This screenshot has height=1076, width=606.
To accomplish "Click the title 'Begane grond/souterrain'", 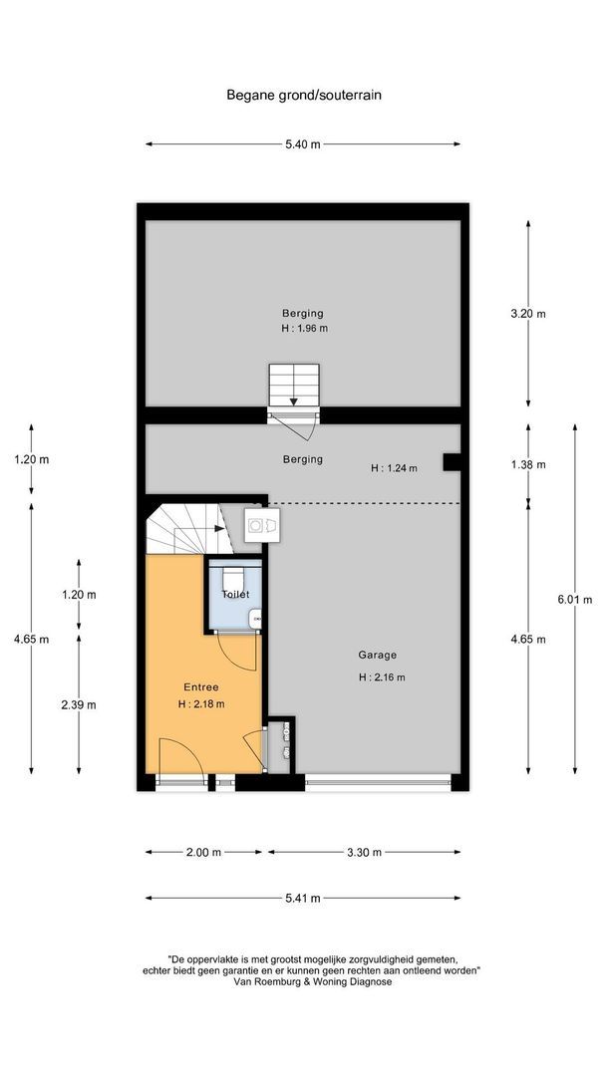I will pos(304,96).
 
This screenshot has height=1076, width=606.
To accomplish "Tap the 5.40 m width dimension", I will pos(303,144).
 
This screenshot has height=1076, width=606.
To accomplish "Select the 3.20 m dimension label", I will pos(527,313).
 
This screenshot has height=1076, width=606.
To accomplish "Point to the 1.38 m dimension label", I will pos(527,464).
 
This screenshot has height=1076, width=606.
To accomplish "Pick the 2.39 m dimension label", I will pos(78,704).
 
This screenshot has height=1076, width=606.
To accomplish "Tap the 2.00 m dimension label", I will pos(203,852).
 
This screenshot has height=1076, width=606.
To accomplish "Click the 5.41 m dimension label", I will pos(303,898).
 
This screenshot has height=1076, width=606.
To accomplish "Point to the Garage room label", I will pos(378,655).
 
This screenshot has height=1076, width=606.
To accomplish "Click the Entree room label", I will pos(200,686).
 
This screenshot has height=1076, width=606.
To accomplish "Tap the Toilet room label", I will pos(235,594).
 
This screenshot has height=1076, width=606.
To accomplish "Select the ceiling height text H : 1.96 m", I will pos(304,329).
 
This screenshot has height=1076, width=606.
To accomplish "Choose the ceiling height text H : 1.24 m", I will pos(394,467).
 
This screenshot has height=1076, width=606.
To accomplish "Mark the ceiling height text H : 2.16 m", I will pos(382,676).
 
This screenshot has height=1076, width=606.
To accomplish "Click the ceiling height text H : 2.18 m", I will pos(200,703).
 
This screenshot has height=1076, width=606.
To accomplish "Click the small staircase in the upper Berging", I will pos(294,385).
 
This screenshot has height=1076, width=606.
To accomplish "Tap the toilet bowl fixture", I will pos(234,577).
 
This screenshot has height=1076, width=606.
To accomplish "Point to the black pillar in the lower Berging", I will pos(451,461).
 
